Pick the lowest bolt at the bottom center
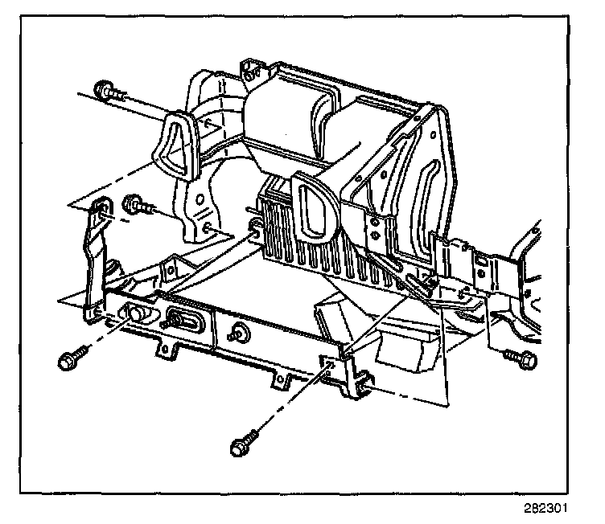[241, 447]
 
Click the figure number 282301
[547, 509]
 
